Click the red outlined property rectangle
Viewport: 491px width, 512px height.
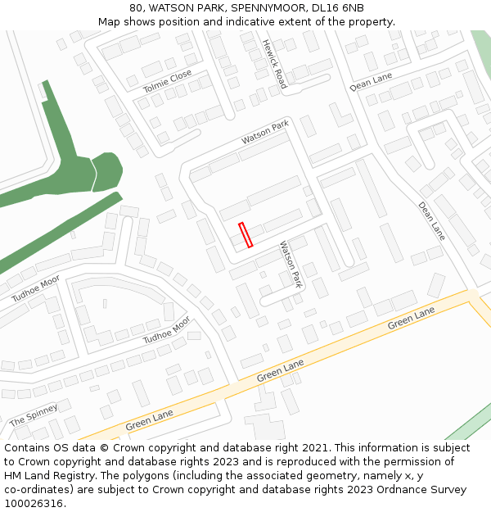[245, 235]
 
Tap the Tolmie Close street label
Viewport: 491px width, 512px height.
[167, 81]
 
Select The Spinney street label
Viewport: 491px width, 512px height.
[34, 415]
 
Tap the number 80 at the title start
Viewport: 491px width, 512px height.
[136, 7]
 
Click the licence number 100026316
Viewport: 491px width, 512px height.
[34, 504]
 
